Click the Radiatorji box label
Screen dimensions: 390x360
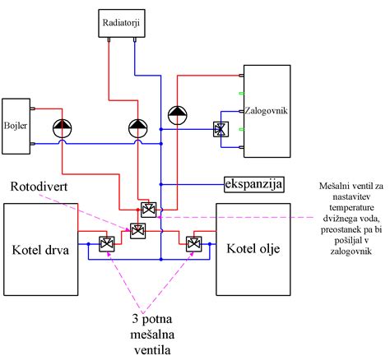coord(121,22)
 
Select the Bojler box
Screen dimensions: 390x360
coord(16,127)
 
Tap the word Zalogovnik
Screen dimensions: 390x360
coord(266,111)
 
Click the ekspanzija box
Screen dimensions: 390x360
coord(253,184)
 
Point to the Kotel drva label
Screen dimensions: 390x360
coord(40,250)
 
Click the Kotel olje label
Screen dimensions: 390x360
coord(253,249)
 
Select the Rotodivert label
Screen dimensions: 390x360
coord(39,187)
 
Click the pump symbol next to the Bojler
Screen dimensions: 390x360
coord(63,128)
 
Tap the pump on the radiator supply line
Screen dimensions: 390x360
coord(138,128)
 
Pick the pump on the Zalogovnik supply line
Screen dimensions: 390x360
coord(178,115)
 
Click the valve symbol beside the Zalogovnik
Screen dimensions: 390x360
coord(221,129)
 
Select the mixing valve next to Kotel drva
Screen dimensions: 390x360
coord(107,244)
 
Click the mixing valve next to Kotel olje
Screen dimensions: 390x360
coord(194,244)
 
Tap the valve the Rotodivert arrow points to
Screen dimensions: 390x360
coord(137,231)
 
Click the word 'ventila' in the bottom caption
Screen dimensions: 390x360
coord(152,350)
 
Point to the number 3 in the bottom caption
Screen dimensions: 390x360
coord(135,319)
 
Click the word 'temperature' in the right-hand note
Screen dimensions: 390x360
coord(351,208)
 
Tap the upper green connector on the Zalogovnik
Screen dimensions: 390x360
coord(241,94)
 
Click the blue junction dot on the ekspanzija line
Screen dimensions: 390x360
coord(161,184)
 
